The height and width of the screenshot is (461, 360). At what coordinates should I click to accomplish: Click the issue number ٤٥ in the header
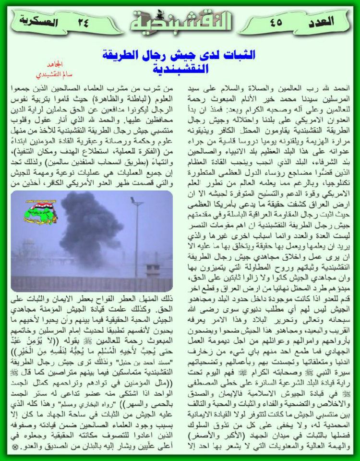(x=276, y=22)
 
